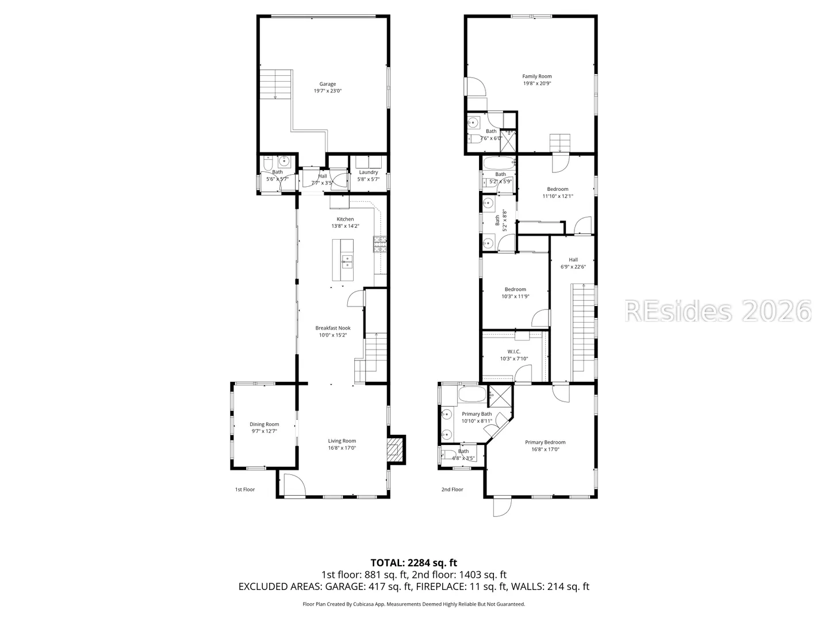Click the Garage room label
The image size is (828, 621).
(x=327, y=84)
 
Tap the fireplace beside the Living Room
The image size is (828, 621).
(x=396, y=450)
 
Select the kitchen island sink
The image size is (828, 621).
(x=347, y=261)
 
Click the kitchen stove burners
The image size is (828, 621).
(x=380, y=244)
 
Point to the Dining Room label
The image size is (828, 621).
(x=264, y=424)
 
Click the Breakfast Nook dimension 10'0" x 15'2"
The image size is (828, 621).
(x=333, y=335)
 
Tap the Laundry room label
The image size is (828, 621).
(x=369, y=172)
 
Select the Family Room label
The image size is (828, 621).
(x=537, y=76)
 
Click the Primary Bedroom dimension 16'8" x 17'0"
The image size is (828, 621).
(x=546, y=449)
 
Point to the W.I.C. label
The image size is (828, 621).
(x=514, y=351)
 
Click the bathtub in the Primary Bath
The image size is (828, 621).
(x=472, y=394)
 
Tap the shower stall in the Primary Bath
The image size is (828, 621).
(x=501, y=396)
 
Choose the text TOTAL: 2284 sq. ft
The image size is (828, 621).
(x=414, y=563)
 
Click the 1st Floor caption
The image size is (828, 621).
(x=245, y=489)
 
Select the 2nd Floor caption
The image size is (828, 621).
(x=453, y=489)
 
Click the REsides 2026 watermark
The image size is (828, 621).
(x=718, y=311)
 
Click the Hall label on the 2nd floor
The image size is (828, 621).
(x=573, y=259)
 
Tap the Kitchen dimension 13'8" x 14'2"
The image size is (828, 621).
(x=345, y=226)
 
